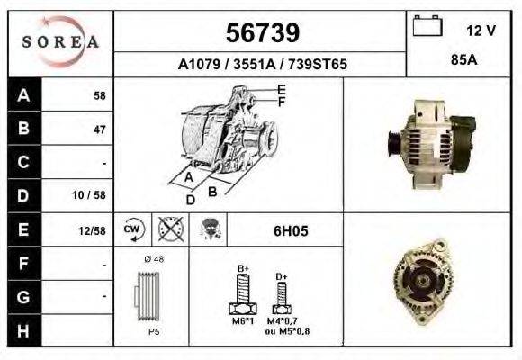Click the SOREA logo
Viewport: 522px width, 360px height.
(61, 41)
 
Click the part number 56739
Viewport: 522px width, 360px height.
(261, 33)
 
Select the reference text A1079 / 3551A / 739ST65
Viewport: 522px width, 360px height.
(262, 65)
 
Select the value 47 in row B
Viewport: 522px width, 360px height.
(99, 130)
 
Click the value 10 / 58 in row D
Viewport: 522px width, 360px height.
(92, 194)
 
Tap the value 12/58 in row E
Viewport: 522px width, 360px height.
(92, 230)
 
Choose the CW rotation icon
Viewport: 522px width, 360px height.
(131, 229)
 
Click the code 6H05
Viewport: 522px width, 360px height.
(291, 230)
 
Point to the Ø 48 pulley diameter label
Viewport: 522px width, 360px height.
(152, 260)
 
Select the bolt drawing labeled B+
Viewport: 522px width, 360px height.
(243, 293)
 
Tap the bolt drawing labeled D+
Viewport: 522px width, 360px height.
(281, 295)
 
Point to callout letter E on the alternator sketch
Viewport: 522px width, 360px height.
(281, 89)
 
